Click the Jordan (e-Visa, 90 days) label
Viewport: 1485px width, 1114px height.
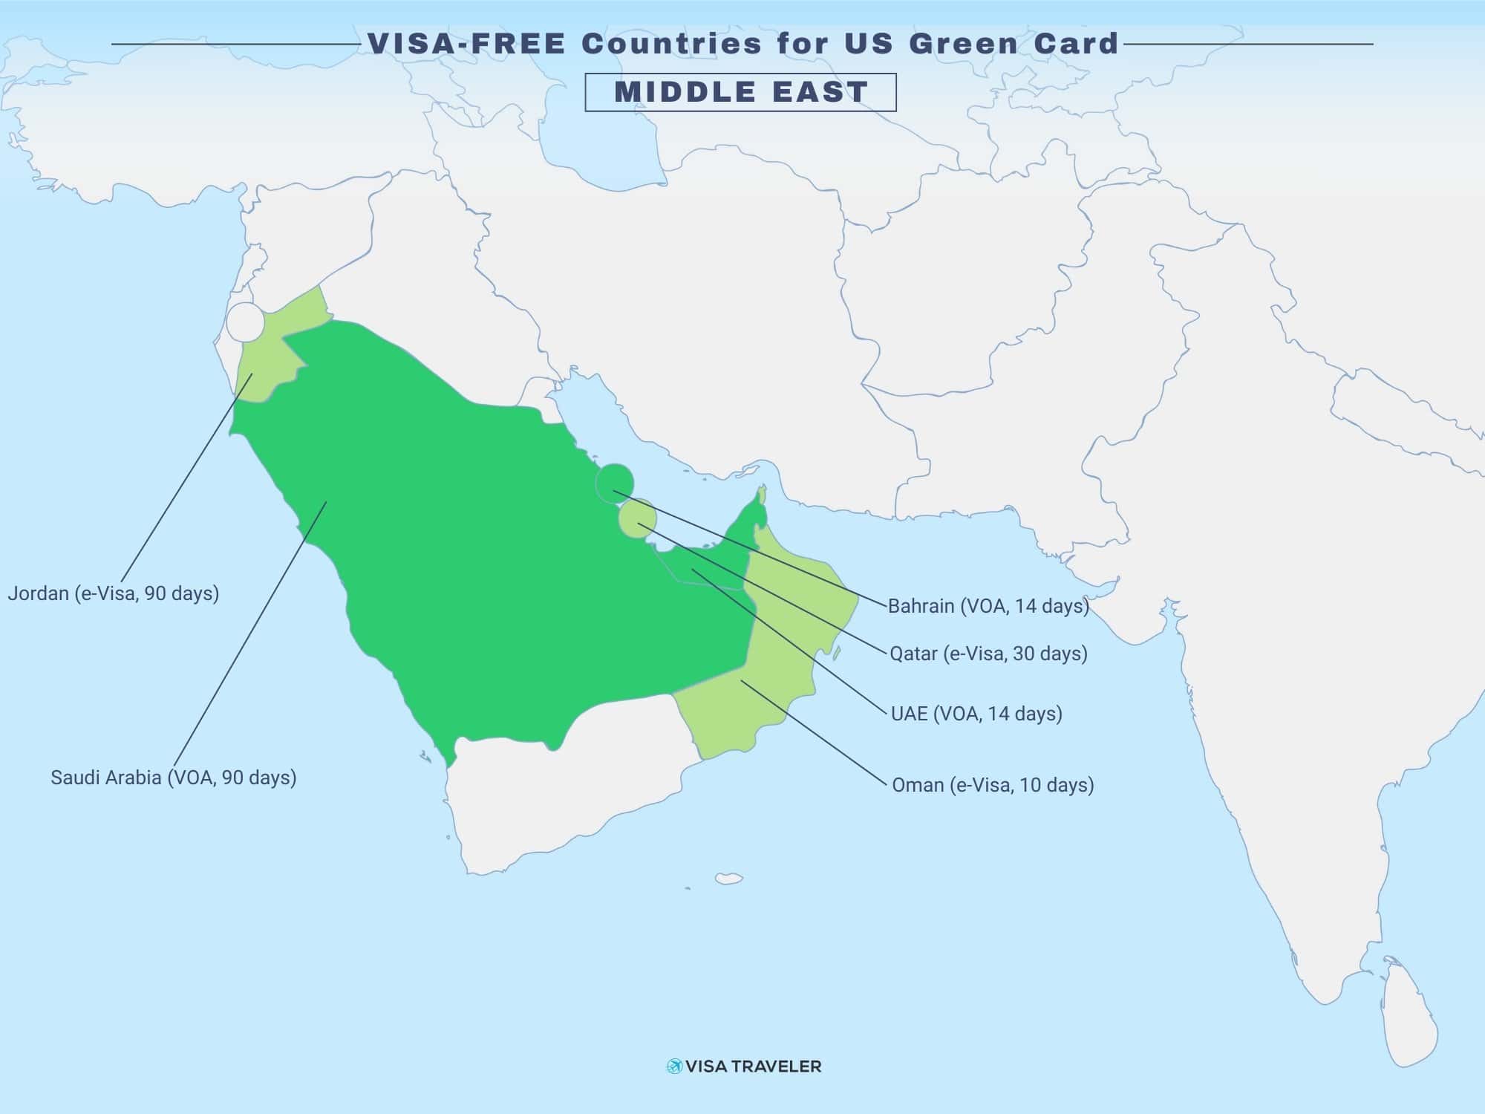point(114,593)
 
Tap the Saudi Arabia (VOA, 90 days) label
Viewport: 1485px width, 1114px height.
point(174,778)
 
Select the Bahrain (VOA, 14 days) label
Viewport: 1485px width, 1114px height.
point(988,606)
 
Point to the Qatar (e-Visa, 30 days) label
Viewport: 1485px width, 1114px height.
point(988,654)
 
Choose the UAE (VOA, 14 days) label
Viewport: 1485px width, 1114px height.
point(976,714)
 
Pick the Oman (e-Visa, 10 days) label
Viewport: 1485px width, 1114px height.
point(993,785)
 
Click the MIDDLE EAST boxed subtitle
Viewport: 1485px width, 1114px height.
point(740,92)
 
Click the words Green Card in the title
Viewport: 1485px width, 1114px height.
point(1014,44)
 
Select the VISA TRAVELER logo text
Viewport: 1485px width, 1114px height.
point(754,1066)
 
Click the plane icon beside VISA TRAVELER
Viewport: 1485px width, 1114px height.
point(674,1066)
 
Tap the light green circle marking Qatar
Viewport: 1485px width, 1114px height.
point(637,518)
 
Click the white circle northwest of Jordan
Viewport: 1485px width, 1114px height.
point(245,322)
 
